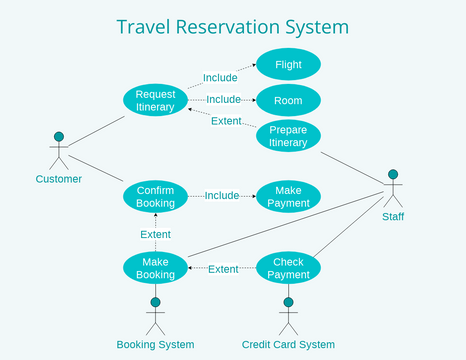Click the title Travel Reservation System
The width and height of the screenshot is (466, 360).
tap(232, 26)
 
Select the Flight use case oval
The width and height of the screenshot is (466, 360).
tap(288, 65)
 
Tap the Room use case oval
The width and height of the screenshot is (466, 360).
tap(288, 100)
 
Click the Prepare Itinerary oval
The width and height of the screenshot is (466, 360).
tap(288, 136)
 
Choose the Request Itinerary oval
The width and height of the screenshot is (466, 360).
tap(155, 100)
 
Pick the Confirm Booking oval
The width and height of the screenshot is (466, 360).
tap(155, 195)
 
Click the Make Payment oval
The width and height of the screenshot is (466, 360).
tap(288, 196)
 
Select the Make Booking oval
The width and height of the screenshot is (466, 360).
tap(155, 268)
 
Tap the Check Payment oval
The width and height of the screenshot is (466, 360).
tap(288, 268)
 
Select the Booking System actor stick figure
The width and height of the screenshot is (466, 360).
tap(155, 314)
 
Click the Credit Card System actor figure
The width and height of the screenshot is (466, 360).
tap(288, 314)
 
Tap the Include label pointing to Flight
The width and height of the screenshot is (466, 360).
tap(220, 77)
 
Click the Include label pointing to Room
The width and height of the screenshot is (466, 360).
tap(224, 100)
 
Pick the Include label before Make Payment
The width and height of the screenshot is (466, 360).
tap(222, 196)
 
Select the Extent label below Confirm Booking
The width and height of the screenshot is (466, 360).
tap(155, 234)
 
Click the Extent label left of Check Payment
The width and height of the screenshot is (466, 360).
tap(222, 269)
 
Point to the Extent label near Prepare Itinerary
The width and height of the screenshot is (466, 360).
tap(226, 122)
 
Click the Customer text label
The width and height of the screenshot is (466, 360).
tap(58, 180)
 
